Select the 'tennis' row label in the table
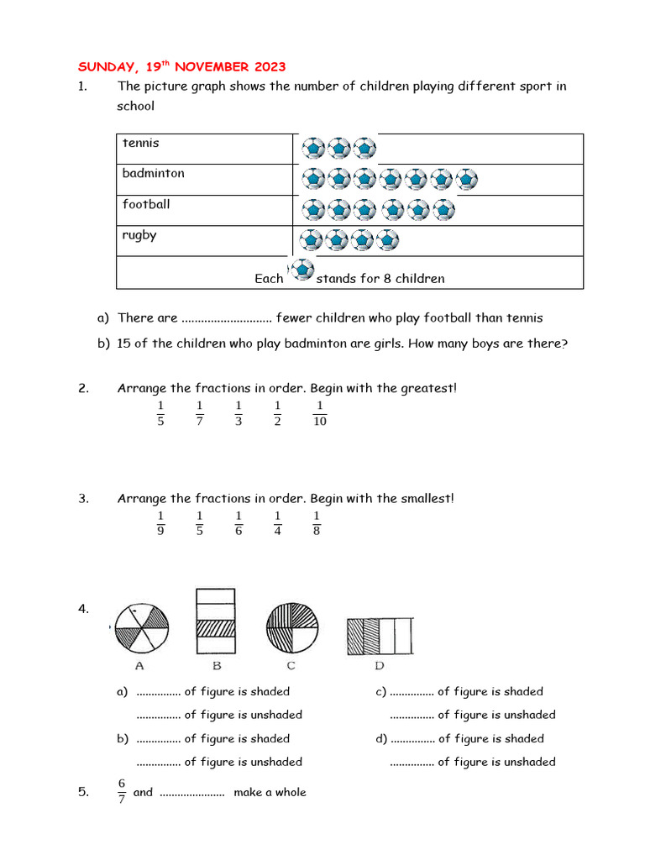[140, 143]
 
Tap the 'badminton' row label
[153, 173]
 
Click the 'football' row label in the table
[145, 204]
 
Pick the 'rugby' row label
[139, 235]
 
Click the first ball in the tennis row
[312, 149]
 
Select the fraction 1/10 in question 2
[319, 413]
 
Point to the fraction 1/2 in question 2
[278, 413]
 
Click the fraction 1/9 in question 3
[160, 522]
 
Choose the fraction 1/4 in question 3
[278, 522]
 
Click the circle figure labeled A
[141, 627]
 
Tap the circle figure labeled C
[293, 627]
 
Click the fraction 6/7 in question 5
[122, 792]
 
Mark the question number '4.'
[84, 610]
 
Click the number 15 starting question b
[124, 343]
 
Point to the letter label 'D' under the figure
[380, 666]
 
